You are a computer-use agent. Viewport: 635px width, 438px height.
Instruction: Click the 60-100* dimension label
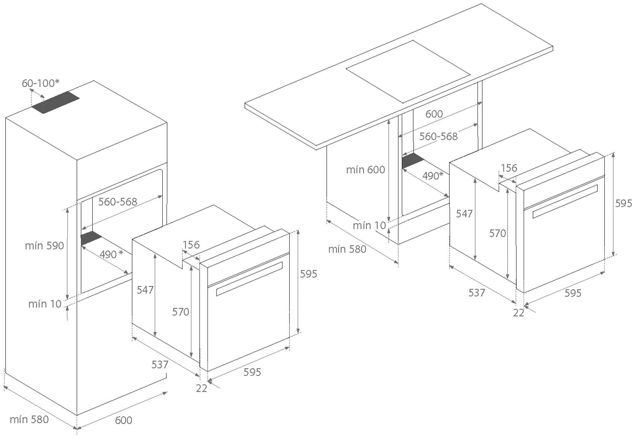pos(40,83)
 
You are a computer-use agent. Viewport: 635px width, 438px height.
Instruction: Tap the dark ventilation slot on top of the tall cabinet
pos(56,103)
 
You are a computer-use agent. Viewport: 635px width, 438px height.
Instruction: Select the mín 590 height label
pos(44,246)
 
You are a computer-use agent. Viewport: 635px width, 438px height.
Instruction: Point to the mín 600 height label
pos(365,170)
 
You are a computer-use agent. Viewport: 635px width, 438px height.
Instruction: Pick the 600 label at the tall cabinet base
pos(123,420)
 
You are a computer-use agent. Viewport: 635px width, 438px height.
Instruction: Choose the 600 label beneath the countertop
pos(434,114)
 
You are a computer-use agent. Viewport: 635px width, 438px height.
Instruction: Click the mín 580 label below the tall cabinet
pos(29,420)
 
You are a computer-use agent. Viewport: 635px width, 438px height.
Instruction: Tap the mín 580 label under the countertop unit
pos(347,249)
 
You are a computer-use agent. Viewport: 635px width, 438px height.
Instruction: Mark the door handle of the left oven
pos(249,278)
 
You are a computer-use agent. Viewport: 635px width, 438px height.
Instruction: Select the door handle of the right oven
pos(565,201)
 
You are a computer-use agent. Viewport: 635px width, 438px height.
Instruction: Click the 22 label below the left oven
pos(201,388)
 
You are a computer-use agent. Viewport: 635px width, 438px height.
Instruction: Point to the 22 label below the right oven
pos(518,313)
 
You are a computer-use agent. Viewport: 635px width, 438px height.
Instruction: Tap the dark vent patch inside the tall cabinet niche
pos(91,238)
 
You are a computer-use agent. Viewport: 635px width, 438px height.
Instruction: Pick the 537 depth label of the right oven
pos(477,293)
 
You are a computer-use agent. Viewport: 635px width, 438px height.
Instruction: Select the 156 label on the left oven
pos(191,245)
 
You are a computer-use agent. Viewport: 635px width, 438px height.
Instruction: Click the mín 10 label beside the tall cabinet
pos(45,304)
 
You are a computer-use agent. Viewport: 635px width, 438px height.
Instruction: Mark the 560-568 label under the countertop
pos(438,137)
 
